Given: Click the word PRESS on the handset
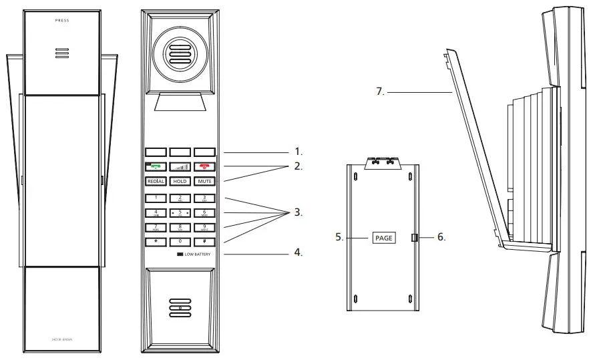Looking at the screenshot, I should pyautogui.click(x=62, y=21).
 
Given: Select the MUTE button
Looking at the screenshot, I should pyautogui.click(x=204, y=181).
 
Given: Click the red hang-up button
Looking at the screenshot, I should pyautogui.click(x=204, y=167).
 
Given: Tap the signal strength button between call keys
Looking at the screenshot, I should pyautogui.click(x=179, y=167).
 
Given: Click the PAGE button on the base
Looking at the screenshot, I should pyautogui.click(x=384, y=237).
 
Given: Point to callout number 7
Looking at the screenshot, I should pyautogui.click(x=380, y=92).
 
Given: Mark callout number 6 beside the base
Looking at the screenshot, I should pyautogui.click(x=440, y=237).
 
